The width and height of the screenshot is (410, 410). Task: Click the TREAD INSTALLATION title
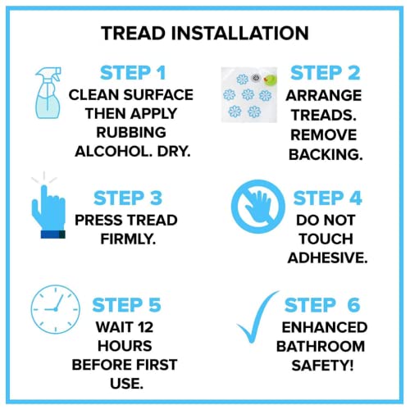pyautogui.click(x=205, y=34)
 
